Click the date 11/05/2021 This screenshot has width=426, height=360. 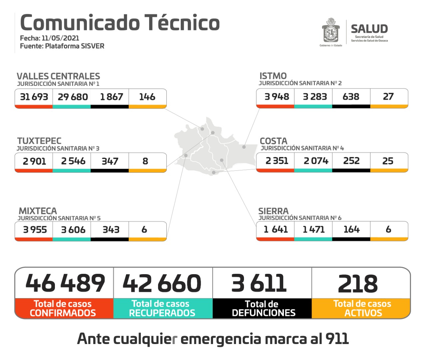coord(60,38)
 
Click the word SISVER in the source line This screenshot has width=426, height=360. coord(90,46)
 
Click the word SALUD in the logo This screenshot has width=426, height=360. coord(369,29)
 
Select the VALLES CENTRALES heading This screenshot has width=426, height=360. coord(58,76)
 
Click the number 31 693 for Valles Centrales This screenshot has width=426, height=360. coord(34,97)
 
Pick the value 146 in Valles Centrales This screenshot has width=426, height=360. coord(147,97)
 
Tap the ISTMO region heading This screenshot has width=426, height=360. coord(273,76)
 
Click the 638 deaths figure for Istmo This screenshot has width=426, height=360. coord(351,96)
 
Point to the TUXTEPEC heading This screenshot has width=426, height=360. coord(39,141)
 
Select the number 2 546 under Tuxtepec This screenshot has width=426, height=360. coord(73,161)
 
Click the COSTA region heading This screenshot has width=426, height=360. coord(273,141)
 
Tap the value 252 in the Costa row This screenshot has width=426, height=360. coord(351,161)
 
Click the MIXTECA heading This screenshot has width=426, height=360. coord(38,211)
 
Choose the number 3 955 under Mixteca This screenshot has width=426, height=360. coord(35,230)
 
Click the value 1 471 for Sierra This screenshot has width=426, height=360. coord(314,229)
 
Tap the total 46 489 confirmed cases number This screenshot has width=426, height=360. coord(65,283)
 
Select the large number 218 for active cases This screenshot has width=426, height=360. coord(358,284)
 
